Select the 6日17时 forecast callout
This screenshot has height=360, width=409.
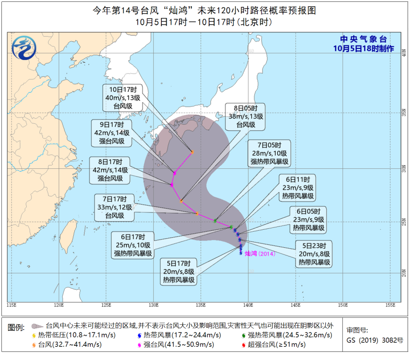pyautogui.click(x=133, y=245)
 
